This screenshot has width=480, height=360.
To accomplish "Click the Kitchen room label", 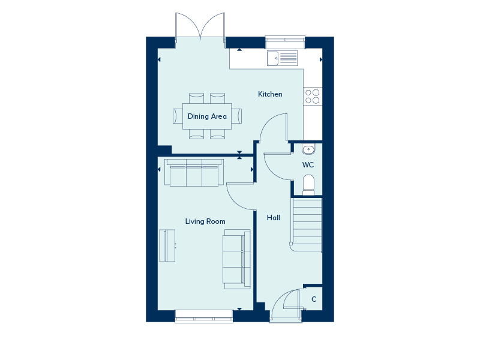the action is click(270, 94).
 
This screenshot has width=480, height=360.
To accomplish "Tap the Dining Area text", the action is click(207, 116).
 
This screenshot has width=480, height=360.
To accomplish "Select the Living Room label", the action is click(205, 221).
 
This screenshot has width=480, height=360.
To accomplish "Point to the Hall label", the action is click(274, 218).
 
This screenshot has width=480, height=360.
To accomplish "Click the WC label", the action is click(308, 165).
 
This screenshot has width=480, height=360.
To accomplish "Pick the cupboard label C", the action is click(314, 299).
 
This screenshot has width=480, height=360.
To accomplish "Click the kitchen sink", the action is click(282, 58).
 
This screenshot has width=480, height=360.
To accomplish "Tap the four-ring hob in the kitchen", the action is click(313, 97).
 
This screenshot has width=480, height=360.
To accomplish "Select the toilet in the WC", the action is click(308, 185).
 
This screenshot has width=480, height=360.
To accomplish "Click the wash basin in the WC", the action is click(308, 149).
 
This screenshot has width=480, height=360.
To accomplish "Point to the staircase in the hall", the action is click(306, 225).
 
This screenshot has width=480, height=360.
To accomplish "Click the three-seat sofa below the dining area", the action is click(194, 172).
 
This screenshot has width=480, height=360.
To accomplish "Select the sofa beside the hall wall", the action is click(236, 259).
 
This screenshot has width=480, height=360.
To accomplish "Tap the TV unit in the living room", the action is click(167, 246).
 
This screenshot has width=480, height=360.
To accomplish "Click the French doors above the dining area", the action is click(200, 27).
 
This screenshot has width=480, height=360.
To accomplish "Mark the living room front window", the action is click(204, 317).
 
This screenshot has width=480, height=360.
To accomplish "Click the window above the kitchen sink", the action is click(285, 42).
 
